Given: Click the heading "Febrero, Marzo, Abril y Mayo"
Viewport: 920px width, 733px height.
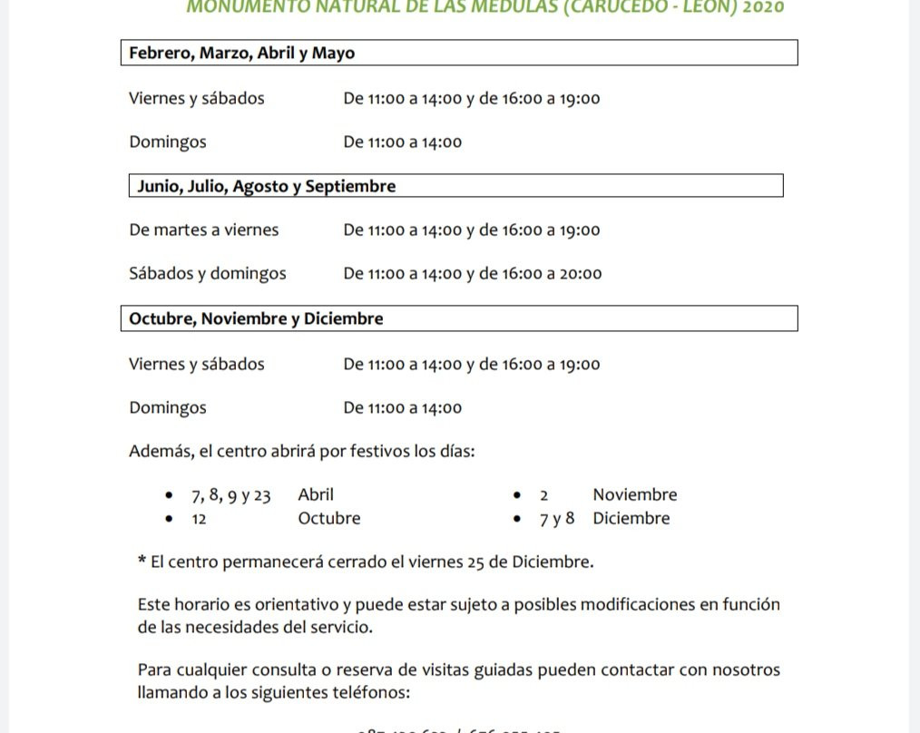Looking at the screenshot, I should pyautogui.click(x=241, y=54).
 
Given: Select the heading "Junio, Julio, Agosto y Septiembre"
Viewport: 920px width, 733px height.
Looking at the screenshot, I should pyautogui.click(x=267, y=187).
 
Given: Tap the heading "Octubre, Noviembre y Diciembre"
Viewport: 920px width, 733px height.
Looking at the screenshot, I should pyautogui.click(x=256, y=319).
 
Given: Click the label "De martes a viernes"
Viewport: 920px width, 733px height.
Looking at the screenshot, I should pyautogui.click(x=204, y=230).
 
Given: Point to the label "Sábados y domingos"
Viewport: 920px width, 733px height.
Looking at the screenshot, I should pyautogui.click(x=208, y=274).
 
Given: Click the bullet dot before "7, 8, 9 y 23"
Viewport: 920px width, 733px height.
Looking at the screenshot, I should pyautogui.click(x=170, y=496).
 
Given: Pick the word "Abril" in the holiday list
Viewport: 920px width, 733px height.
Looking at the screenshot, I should pyautogui.click(x=316, y=495).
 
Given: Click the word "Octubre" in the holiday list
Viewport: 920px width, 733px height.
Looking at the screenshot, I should pyautogui.click(x=329, y=519).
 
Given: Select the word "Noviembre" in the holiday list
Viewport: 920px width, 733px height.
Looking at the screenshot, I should pyautogui.click(x=635, y=495).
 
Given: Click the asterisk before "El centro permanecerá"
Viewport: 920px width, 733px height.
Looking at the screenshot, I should pyautogui.click(x=142, y=562).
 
